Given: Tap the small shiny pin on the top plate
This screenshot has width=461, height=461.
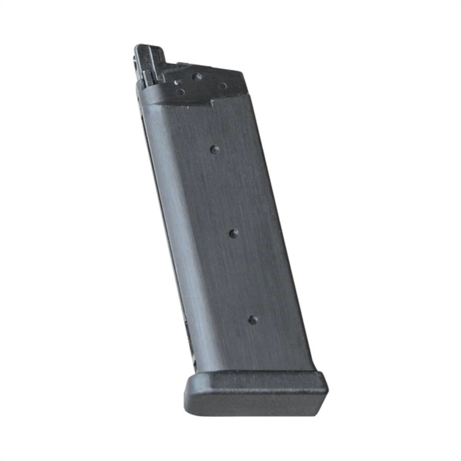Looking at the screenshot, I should pos(177,83).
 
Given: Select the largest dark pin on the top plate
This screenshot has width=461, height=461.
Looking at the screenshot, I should pos(197,77).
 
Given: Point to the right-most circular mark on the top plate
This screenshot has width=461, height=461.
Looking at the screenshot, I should pos(222,86).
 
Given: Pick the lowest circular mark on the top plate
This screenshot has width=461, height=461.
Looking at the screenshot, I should pos(180,92).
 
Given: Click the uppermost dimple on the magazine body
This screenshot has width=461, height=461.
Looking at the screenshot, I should pos(215,149).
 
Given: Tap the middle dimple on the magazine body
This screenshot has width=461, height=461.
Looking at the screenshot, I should pos(233,234).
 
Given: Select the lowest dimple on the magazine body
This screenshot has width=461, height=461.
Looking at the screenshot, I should pos(253,320).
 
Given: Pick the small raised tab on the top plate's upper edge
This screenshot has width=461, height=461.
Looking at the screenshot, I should pos(183,65).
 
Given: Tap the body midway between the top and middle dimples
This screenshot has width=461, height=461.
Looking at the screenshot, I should pos(224,191).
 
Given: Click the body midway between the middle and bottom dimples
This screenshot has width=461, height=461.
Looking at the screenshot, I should pos(243,277).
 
